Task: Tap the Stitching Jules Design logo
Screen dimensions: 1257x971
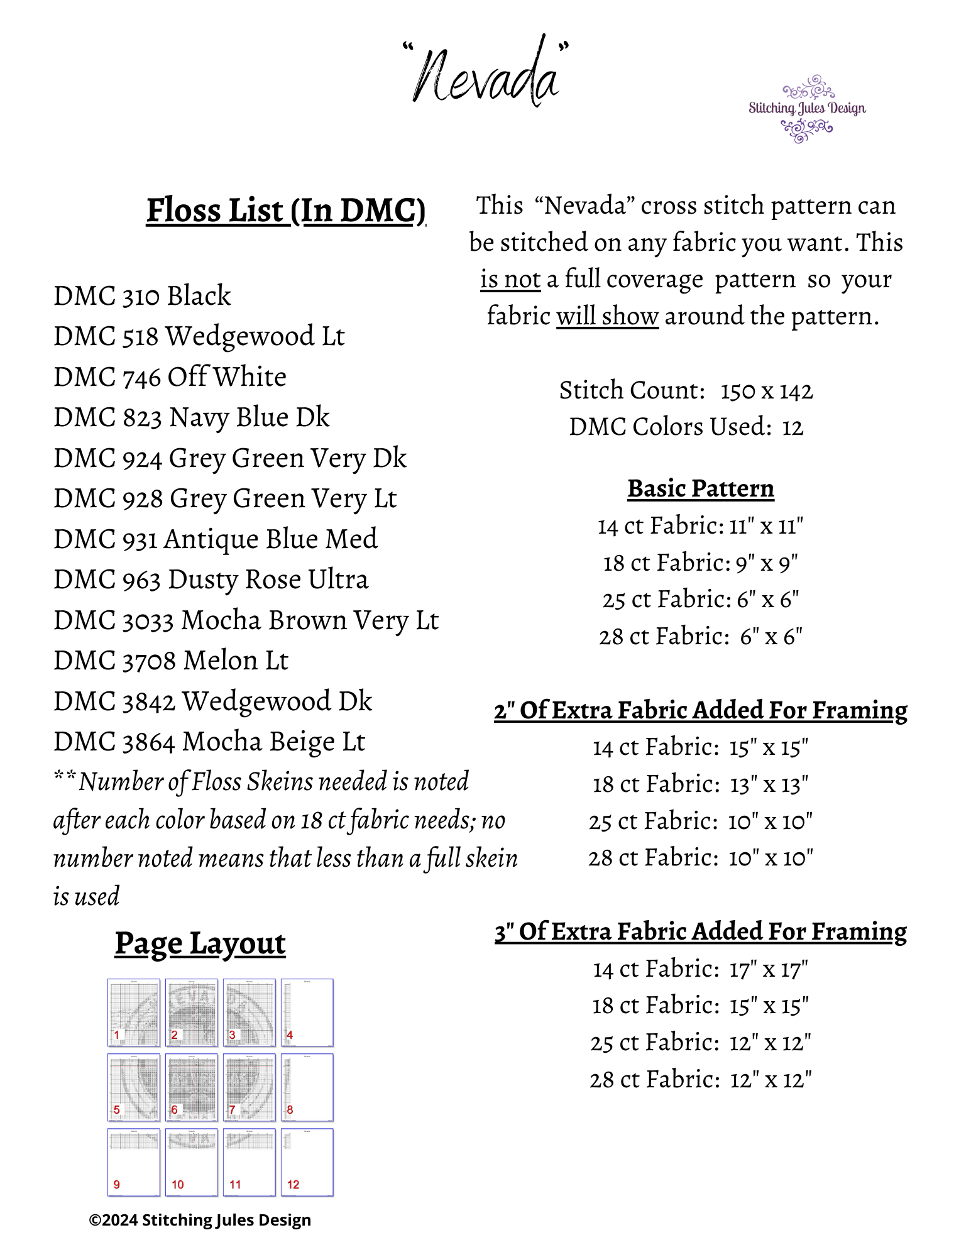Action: pyautogui.click(x=807, y=109)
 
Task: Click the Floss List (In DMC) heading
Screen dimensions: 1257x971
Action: pyautogui.click(x=286, y=211)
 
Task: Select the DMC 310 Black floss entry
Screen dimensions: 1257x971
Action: pyautogui.click(x=142, y=296)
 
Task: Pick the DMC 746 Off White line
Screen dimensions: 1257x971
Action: pyautogui.click(x=170, y=377)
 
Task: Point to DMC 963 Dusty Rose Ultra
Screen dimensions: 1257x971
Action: pyautogui.click(x=211, y=579)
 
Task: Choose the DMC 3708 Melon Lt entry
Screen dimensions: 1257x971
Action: pyautogui.click(x=171, y=661)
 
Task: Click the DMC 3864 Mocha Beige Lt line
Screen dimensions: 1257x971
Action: pyautogui.click(x=209, y=742)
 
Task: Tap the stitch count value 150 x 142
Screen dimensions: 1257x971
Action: pyautogui.click(x=766, y=391)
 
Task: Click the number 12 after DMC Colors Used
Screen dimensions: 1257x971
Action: pyautogui.click(x=793, y=427)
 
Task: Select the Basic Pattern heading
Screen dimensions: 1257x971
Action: pyautogui.click(x=701, y=488)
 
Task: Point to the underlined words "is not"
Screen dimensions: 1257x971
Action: pyautogui.click(x=510, y=279)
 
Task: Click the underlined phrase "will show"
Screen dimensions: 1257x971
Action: pyautogui.click(x=607, y=316)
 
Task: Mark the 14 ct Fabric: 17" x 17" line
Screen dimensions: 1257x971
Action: pyautogui.click(x=700, y=969)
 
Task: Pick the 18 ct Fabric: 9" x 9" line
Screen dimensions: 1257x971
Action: pyautogui.click(x=700, y=563)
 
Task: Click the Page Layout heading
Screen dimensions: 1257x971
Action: pyautogui.click(x=200, y=943)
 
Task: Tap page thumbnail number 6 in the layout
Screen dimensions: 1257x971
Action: pyautogui.click(x=192, y=1087)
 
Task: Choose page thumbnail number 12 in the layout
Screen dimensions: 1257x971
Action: pyautogui.click(x=307, y=1162)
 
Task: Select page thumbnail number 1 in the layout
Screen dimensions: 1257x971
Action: pyautogui.click(x=134, y=1013)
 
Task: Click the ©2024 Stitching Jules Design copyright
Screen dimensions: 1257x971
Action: pyautogui.click(x=200, y=1220)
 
